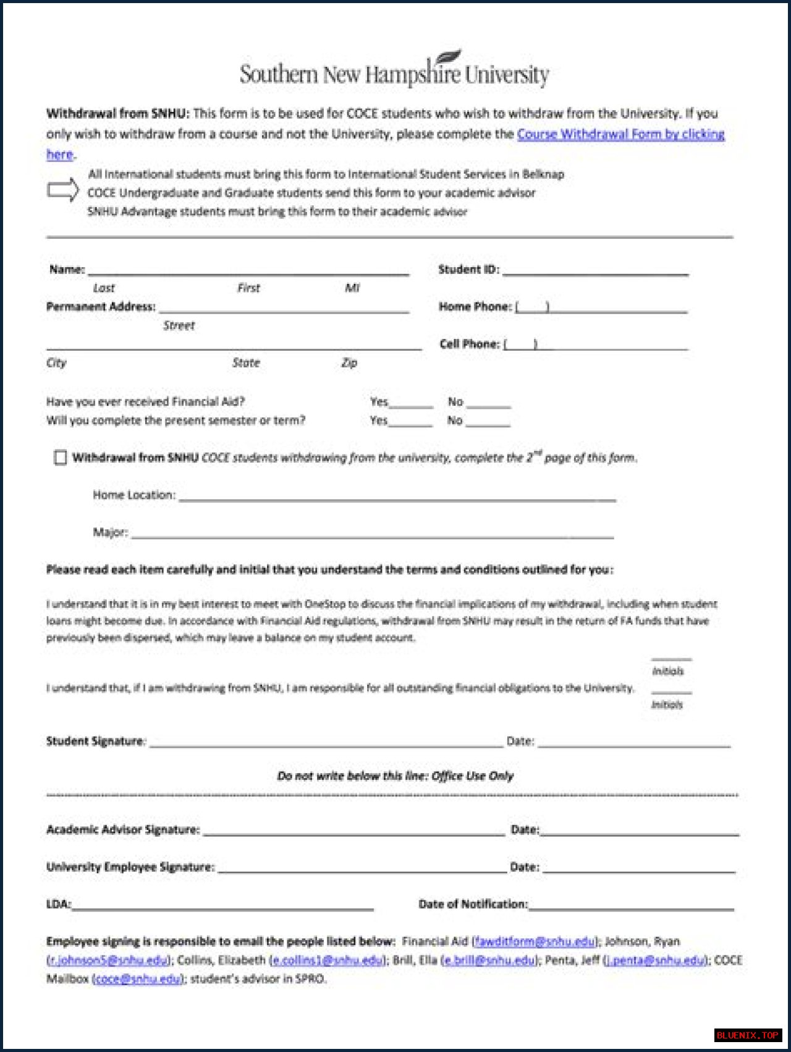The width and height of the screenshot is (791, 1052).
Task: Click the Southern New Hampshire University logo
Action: tap(394, 71)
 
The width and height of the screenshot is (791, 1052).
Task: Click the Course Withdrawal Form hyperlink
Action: tap(620, 134)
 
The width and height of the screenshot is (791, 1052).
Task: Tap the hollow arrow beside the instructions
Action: tap(63, 190)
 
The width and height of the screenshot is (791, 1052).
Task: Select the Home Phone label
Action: tap(475, 307)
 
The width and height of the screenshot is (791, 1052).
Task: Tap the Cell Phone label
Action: tap(469, 344)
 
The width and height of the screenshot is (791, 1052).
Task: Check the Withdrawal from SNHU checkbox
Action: tap(60, 458)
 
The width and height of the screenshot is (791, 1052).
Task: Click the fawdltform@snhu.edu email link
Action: tap(535, 941)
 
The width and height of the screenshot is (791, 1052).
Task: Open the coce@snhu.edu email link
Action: tap(138, 978)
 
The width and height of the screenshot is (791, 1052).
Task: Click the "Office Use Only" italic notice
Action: tap(395, 776)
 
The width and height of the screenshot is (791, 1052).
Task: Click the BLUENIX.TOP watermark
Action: tap(747, 1035)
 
